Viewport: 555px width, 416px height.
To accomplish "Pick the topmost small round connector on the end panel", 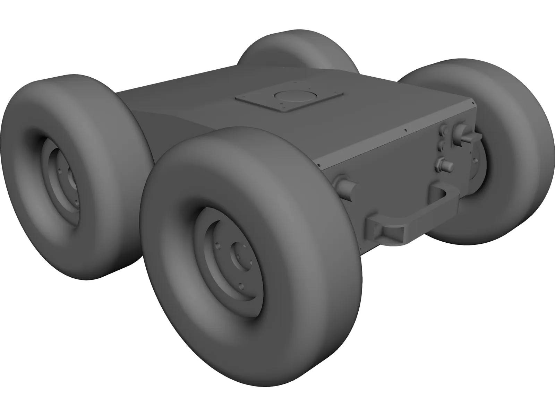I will tap(444, 131).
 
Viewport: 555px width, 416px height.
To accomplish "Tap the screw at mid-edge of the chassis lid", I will tap(405, 131).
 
